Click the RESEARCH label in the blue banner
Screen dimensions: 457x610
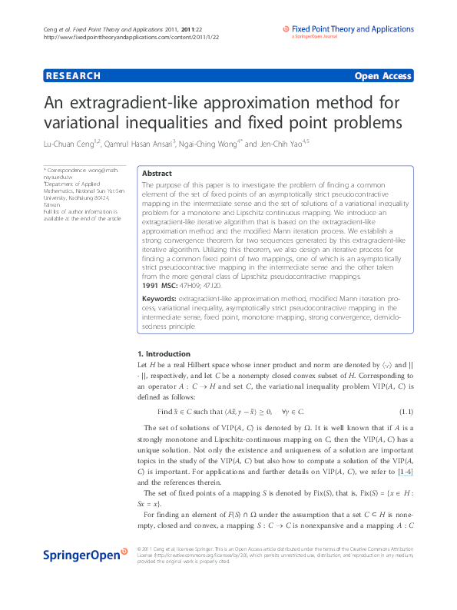[x=74, y=76]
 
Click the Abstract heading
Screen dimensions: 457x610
[x=157, y=174]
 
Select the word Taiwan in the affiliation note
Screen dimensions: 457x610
[x=52, y=205]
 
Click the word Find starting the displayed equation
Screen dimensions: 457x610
[x=164, y=412]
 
